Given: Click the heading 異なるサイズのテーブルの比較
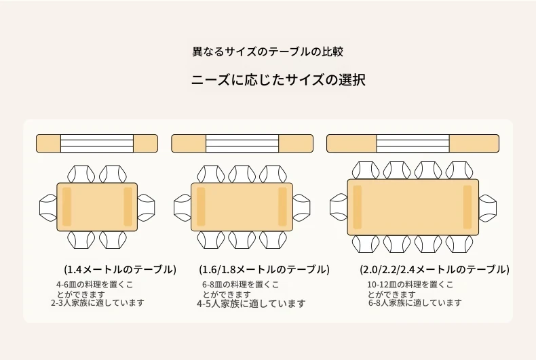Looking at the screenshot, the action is pos(267,52).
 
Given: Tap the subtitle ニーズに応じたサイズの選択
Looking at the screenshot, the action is pos(278,79).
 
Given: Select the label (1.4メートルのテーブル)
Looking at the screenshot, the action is pos(120,269).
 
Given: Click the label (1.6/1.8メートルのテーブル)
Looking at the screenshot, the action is pos(264,269).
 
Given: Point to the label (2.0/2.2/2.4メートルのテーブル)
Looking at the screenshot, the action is pos(434,269).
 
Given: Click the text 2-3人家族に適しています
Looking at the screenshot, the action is pos(98,303).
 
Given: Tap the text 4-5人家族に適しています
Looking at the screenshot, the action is pos(251,304).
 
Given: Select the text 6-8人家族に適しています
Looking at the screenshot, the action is pos(415,302).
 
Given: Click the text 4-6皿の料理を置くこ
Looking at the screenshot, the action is pos(95,284).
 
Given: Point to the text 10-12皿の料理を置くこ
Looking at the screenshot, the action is pos(410,284).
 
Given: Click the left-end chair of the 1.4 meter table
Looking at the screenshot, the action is pos(48,208).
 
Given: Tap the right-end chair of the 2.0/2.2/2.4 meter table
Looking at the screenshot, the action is pos(488,207).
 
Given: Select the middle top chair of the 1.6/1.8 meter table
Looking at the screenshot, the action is pos(242,174).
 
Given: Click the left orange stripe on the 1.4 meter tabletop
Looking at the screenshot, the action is pos(66,207).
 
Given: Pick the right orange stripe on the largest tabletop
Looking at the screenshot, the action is pos(467,207).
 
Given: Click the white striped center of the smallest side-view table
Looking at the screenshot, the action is pos(97,144).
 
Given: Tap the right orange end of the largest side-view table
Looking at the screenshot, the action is pos(474,144).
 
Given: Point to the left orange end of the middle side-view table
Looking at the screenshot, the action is pos(189,144).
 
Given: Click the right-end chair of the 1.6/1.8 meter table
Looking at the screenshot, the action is pos(301,207).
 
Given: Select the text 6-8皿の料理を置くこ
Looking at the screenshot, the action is pos(241,284).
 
